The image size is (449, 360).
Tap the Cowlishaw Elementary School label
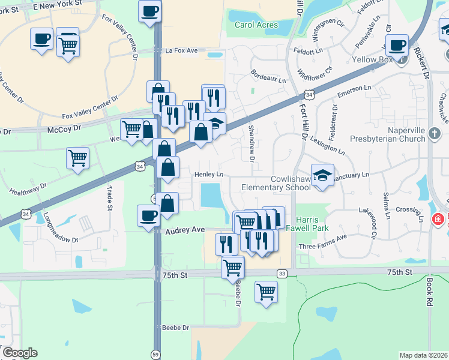point(276,182)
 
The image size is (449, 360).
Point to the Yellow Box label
point(373,59)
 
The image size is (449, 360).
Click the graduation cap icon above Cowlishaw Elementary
point(322,175)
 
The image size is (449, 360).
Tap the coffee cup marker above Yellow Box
point(397,45)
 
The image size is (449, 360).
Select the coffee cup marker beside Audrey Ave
point(148,215)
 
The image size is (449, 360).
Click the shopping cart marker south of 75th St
point(266,292)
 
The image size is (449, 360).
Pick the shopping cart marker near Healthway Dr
point(77,158)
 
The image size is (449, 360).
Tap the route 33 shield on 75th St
point(282,273)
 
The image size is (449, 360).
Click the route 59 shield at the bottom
point(155,354)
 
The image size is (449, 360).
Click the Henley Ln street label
point(208,175)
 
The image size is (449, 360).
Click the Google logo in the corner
point(20,353)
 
